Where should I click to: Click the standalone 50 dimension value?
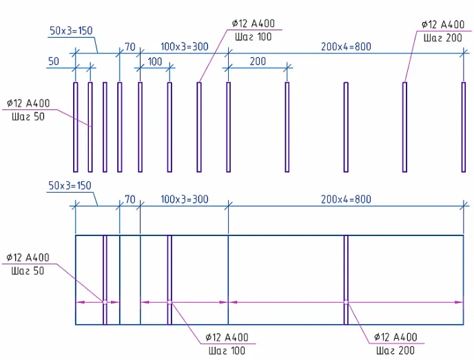[x=54, y=61]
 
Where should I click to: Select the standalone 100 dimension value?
[x=155, y=62]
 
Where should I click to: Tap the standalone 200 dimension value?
[x=258, y=61]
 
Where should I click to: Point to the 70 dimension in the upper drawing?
[x=130, y=47]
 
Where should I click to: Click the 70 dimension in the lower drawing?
[x=130, y=200]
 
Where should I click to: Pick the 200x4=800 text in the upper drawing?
[x=346, y=47]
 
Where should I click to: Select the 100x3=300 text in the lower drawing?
[x=185, y=200]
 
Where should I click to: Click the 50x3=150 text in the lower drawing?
[x=70, y=185]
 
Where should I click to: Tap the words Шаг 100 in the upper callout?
[x=254, y=37]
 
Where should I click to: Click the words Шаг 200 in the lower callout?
[x=395, y=350]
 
